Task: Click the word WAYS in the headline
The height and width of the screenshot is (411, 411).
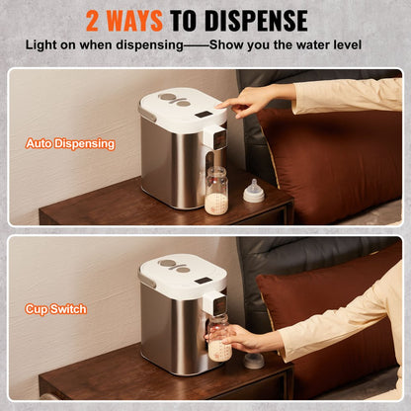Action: coord(149,20)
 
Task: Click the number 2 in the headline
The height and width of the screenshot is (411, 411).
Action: coord(96,20)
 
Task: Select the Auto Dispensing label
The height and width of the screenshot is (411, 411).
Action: coord(70,144)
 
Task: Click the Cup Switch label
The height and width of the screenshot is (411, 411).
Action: coord(55,309)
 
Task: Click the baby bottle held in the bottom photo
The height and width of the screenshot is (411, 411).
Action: coord(220,338)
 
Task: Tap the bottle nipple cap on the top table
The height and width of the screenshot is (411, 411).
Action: coord(254,191)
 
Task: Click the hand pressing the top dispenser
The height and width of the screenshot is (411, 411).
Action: coord(247,98)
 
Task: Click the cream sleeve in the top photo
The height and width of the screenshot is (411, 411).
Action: coord(346,95)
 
